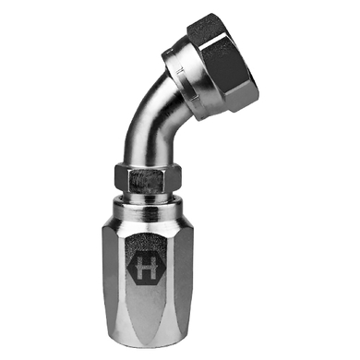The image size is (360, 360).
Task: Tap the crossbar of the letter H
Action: (146, 267)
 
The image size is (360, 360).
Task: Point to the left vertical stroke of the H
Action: (138, 267)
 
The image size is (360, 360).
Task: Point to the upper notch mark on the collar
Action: (180, 72)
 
